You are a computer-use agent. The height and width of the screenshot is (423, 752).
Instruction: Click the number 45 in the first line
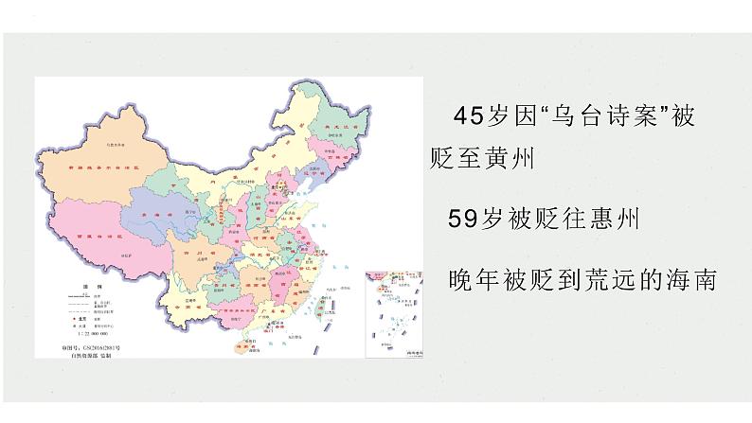pos(469,117)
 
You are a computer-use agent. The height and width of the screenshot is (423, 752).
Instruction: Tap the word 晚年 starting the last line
pos(470,280)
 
